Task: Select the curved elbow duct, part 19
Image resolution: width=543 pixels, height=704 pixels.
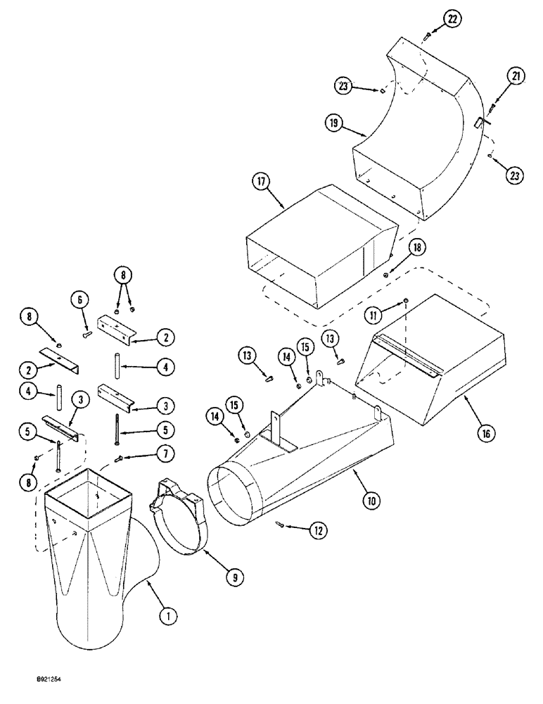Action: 415,134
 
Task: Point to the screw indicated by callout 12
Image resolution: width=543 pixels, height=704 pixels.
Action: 281,522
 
